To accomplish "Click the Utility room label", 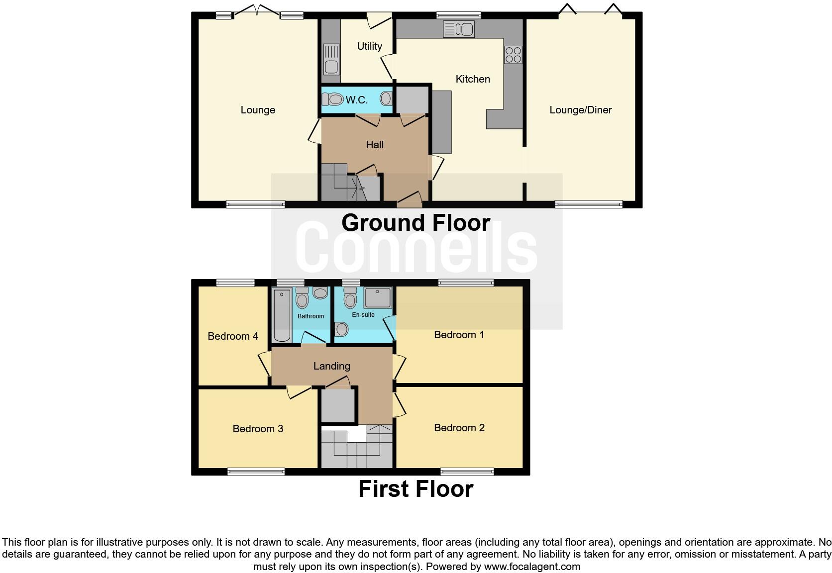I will [x=369, y=46].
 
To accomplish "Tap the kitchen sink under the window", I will [x=458, y=29].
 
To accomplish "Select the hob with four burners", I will [x=513, y=54].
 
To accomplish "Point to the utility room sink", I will [x=331, y=58].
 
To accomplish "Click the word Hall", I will [x=375, y=145].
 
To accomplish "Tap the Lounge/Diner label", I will [x=580, y=110].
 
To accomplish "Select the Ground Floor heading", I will [x=416, y=222].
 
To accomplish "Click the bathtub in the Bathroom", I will [x=282, y=316].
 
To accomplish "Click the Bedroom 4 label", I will [x=232, y=336].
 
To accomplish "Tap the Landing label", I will [x=331, y=366].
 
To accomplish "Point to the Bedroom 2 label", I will [x=459, y=428].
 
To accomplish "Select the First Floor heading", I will [x=416, y=489].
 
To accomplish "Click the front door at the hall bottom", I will [x=409, y=201].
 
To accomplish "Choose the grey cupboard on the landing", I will [x=338, y=405].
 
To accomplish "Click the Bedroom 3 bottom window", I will [x=256, y=472].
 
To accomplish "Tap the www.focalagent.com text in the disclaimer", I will [x=531, y=567].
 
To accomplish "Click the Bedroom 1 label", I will [x=459, y=335].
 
